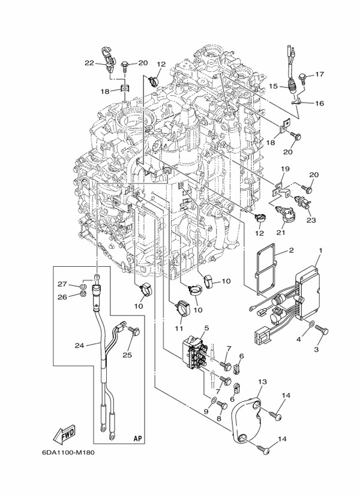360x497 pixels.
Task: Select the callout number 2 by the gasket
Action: tap(291, 250)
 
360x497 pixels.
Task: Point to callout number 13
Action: tap(262, 381)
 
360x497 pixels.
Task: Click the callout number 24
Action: tap(79, 344)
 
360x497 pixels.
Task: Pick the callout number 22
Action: tap(89, 63)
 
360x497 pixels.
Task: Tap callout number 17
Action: tap(319, 75)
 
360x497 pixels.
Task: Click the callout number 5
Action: tap(206, 328)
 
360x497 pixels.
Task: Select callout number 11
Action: tap(178, 329)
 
